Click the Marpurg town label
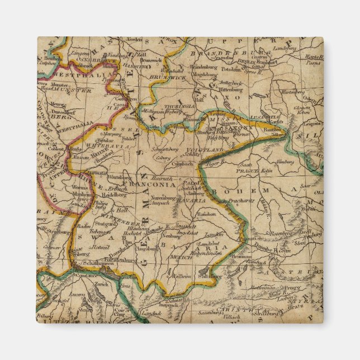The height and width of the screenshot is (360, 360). coord(112,134)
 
